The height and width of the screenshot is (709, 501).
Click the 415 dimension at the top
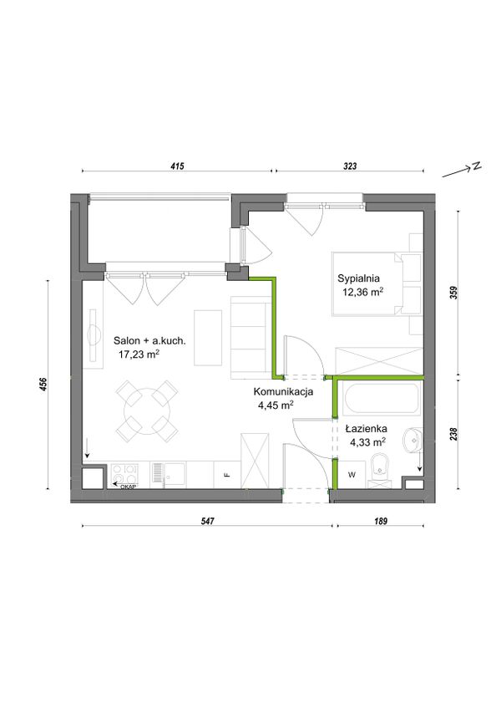177,166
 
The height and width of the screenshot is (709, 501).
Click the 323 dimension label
350,166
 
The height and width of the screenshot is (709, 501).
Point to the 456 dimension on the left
43,385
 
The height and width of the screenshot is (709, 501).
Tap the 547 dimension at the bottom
207,521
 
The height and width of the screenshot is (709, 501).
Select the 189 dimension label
381,521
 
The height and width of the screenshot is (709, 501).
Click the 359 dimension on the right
454,292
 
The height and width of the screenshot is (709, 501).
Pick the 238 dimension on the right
454,434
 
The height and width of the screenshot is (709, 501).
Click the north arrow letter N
476,166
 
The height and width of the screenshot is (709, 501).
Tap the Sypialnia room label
358,278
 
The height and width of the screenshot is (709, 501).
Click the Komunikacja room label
283,392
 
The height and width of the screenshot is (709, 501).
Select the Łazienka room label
366,429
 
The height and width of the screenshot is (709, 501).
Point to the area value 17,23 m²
139,354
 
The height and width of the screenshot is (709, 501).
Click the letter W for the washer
352,475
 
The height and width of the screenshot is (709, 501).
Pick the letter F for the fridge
228,475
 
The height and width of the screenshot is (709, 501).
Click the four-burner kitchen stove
124,475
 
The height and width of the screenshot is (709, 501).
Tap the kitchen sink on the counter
169,475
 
